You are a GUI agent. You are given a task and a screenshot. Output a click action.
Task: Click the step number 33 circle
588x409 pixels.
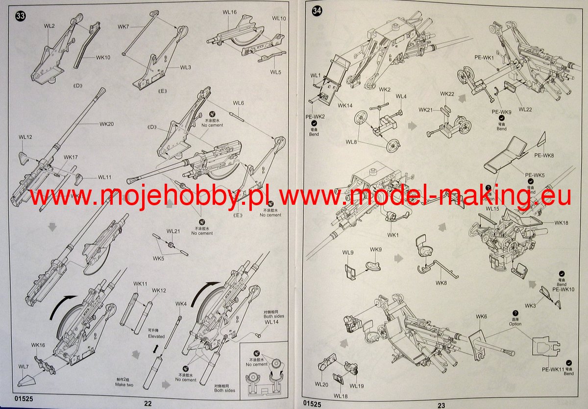click(21, 16)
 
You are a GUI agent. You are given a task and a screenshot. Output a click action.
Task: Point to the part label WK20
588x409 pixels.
click(106, 124)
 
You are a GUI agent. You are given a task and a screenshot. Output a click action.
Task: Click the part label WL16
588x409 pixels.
click(229, 12)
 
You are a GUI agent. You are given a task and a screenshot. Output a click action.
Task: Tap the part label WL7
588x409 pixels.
click(24, 367)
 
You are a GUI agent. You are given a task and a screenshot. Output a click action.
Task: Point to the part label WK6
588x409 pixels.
click(481, 317)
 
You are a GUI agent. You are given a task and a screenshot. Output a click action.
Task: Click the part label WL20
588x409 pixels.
click(321, 384)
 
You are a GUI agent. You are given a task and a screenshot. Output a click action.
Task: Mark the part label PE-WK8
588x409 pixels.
click(544, 155)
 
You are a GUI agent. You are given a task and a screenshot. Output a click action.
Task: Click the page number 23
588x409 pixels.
click(441, 405)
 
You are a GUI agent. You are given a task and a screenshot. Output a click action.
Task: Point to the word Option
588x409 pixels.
click(515, 324)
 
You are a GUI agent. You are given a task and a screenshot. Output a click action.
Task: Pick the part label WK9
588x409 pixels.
click(376, 250)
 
